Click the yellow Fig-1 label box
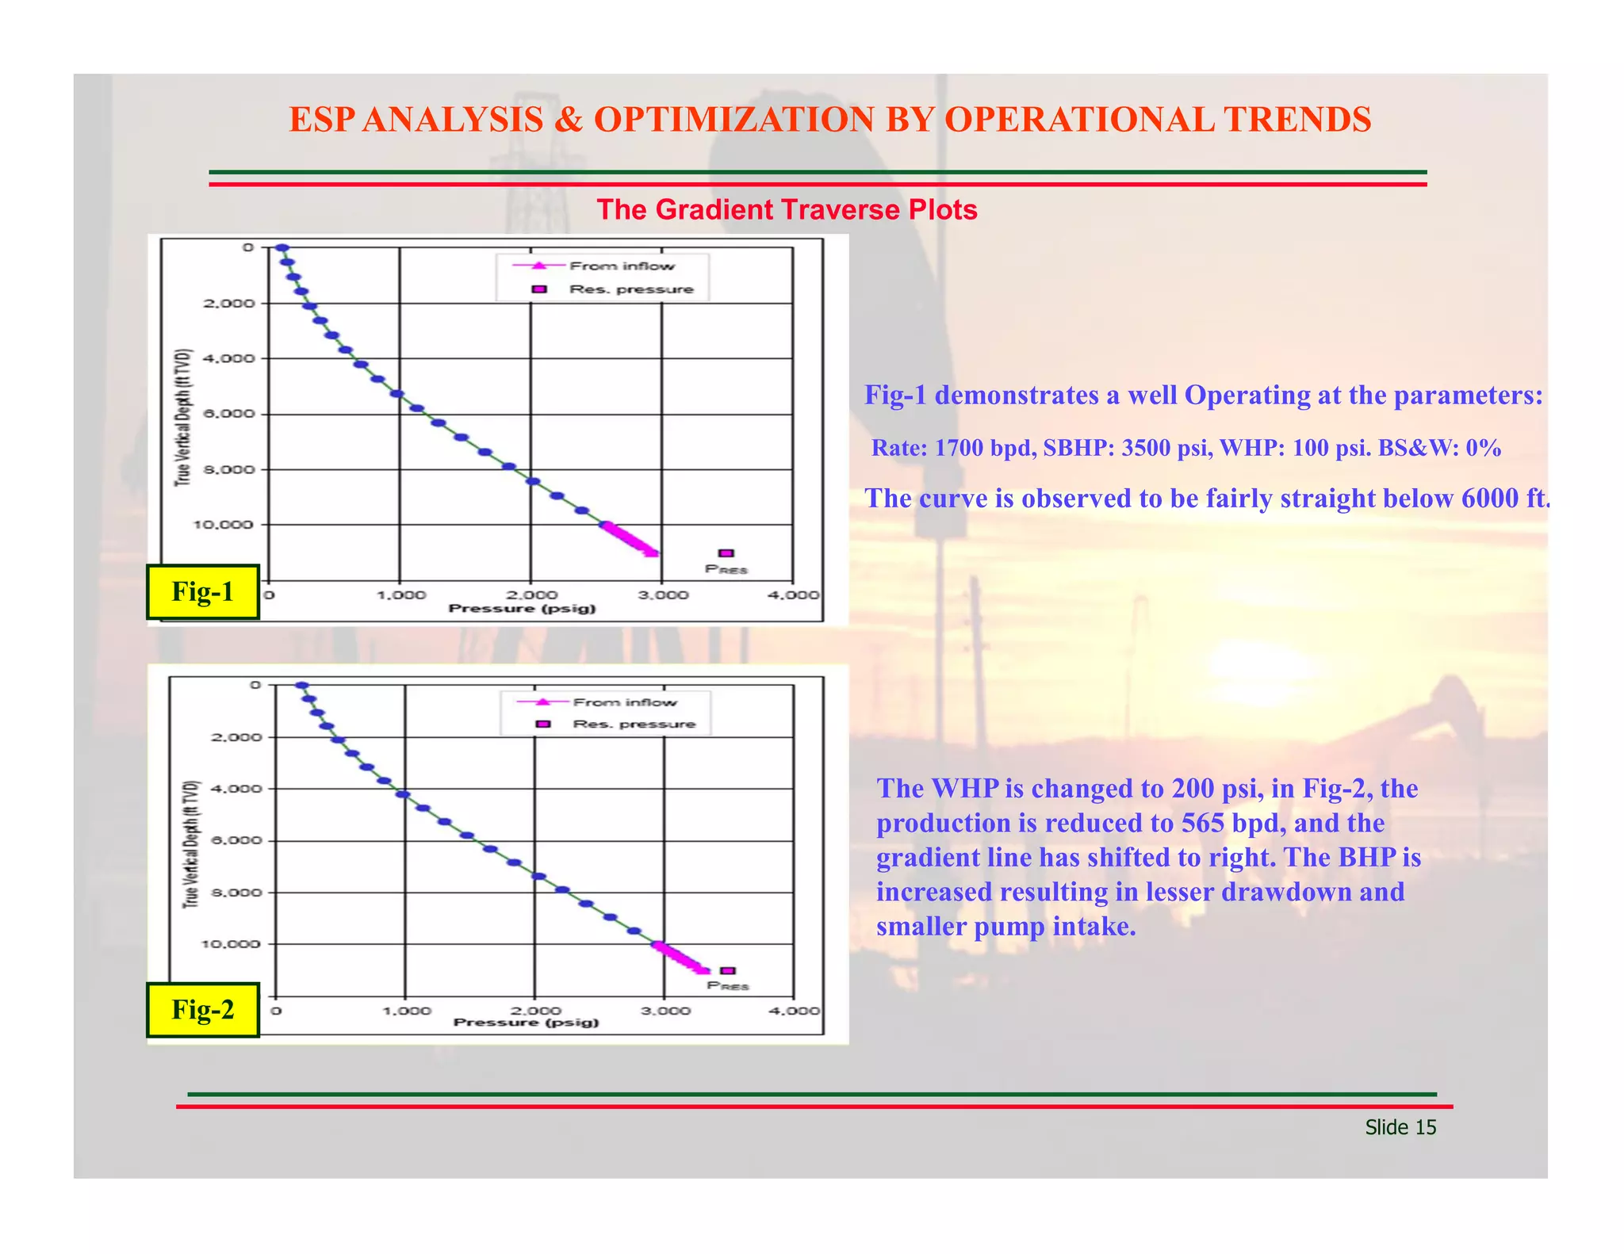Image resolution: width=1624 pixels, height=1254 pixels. click(x=203, y=591)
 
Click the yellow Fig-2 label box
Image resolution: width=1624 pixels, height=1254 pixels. click(x=203, y=1009)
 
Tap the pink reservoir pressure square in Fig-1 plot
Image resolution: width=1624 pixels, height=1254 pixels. click(x=726, y=553)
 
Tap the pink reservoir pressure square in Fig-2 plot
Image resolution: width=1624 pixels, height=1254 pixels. click(x=727, y=970)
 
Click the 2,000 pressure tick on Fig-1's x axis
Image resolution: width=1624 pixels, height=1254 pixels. click(x=531, y=595)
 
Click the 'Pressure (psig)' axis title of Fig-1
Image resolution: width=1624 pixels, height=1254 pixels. click(x=522, y=609)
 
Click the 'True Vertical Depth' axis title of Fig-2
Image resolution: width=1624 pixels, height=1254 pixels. click(x=190, y=844)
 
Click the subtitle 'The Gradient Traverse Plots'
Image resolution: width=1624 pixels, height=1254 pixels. click(x=787, y=209)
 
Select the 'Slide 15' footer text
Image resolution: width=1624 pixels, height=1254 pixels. click(x=1400, y=1127)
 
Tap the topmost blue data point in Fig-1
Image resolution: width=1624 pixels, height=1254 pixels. click(x=281, y=248)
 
